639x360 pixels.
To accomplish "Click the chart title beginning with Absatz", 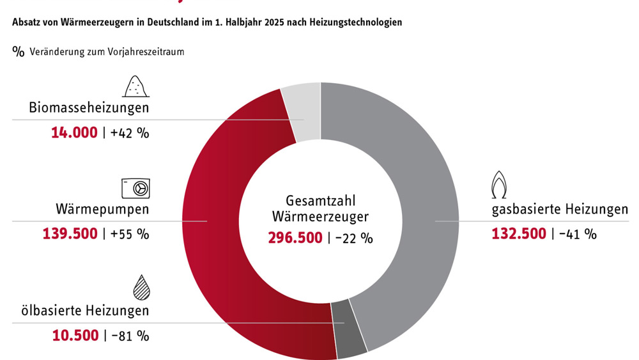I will pyautogui.click(x=206, y=22).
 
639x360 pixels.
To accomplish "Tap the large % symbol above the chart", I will pyautogui.click(x=18, y=51).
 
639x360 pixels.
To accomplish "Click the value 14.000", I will pyautogui.click(x=74, y=133).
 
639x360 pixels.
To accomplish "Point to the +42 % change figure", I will pyautogui.click(x=130, y=133).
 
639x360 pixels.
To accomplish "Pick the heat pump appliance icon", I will pyautogui.click(x=135, y=188).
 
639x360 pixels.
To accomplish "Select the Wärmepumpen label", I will pyautogui.click(x=102, y=209).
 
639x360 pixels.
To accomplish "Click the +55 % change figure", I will pyautogui.click(x=130, y=234).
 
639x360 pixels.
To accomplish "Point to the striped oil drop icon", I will pyautogui.click(x=141, y=288).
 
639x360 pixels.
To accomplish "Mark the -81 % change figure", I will pyautogui.click(x=130, y=336).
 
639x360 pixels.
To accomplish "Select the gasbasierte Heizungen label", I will pyautogui.click(x=560, y=209).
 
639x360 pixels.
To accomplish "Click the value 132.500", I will pyautogui.click(x=518, y=234).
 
